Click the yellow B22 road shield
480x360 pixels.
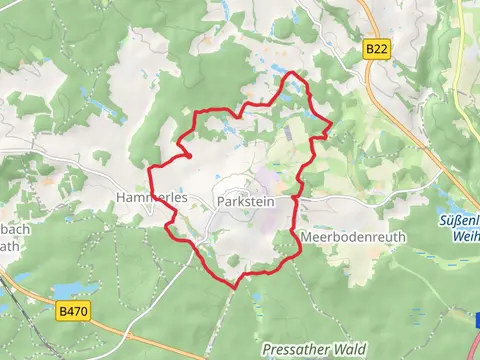pos(376,48)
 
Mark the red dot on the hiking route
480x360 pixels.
pos(188,154)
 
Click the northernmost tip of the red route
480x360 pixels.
pos(292,73)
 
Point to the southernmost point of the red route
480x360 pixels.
pos(236,288)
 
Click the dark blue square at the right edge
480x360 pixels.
pos(477,320)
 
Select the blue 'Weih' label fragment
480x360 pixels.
pos(466,236)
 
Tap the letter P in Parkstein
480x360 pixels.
pos(220,201)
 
